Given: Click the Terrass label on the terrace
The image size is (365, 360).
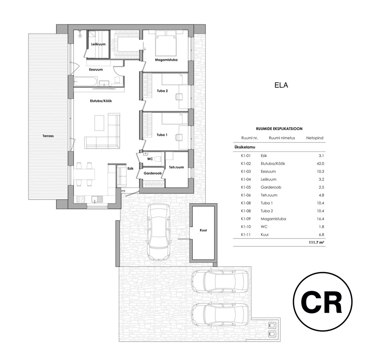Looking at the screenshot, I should pyautogui.click(x=48, y=136).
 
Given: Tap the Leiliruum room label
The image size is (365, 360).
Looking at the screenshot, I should pyautogui.click(x=98, y=44).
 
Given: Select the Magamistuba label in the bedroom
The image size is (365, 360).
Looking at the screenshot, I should pyautogui.click(x=166, y=60).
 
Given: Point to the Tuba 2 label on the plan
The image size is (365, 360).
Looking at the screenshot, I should pyautogui.click(x=162, y=91).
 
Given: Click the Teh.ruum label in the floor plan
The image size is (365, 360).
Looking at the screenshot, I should pyautogui.click(x=176, y=167).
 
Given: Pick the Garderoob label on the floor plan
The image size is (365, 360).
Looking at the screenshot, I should pyautogui.click(x=153, y=174).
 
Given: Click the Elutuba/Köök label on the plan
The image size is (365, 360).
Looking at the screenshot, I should pyautogui.click(x=101, y=100).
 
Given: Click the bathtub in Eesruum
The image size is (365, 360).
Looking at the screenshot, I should pyautogui.click(x=86, y=82).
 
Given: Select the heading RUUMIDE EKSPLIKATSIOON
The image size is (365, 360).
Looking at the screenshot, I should pyautogui.click(x=279, y=129).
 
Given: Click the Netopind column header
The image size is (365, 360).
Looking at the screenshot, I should pyautogui.click(x=315, y=138).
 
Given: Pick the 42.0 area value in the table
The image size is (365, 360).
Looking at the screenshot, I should pyautogui.click(x=320, y=163).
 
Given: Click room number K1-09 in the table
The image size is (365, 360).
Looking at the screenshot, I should pyautogui.click(x=246, y=219).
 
